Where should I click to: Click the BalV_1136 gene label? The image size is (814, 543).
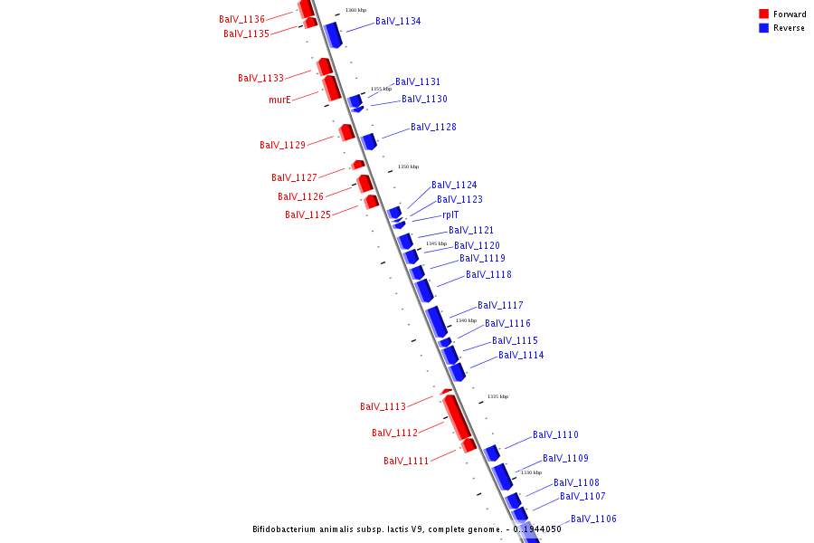point(241,19)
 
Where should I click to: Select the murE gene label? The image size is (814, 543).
point(279,100)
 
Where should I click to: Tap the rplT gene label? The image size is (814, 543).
point(450,214)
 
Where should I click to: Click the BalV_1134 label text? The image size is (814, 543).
point(398,21)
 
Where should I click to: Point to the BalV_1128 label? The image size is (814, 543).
point(433,127)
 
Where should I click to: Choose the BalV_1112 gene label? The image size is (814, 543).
point(394,433)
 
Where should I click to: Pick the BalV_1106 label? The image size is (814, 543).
point(593,519)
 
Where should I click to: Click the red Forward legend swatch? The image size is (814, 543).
point(763,14)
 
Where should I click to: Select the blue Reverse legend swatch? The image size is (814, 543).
point(763,28)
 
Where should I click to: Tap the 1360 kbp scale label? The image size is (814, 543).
point(355,10)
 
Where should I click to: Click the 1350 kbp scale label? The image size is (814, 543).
point(408,167)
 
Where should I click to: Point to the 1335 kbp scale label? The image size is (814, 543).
point(497,396)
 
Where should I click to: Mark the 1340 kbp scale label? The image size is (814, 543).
point(466,320)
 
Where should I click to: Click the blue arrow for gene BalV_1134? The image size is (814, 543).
point(333,34)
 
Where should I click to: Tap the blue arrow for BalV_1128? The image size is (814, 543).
point(369,141)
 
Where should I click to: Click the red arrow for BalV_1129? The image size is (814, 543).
point(346,132)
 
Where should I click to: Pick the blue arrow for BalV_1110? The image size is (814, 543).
point(492,452)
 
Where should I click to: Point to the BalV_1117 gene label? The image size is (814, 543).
point(500,305)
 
